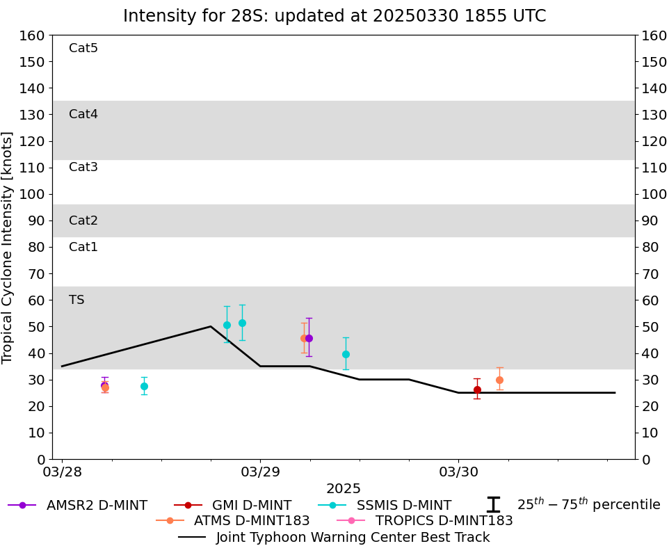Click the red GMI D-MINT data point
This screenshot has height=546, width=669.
coord(477,390)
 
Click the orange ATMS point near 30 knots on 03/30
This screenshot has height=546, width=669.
coord(499,380)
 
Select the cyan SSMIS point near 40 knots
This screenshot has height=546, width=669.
coord(346,354)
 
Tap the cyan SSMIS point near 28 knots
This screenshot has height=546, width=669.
coord(144,386)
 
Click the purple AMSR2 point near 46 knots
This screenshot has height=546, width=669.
coord(309,338)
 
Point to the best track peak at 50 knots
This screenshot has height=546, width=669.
coord(211,326)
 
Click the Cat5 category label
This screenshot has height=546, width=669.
coord(83,48)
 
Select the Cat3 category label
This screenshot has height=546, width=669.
coord(83,167)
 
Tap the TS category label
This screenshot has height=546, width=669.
coord(76,300)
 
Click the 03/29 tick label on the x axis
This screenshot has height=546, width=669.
coord(260,472)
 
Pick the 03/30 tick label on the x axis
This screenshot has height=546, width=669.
coord(458,472)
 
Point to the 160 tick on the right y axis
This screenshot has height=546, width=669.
coord(654,35)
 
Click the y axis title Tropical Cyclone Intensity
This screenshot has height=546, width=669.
coord(8,247)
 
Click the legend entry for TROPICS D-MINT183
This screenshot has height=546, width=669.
coord(444,520)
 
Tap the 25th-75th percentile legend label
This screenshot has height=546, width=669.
coord(588,505)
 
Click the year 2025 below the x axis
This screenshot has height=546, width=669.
coord(344,489)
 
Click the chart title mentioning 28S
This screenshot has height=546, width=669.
coord(334,16)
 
